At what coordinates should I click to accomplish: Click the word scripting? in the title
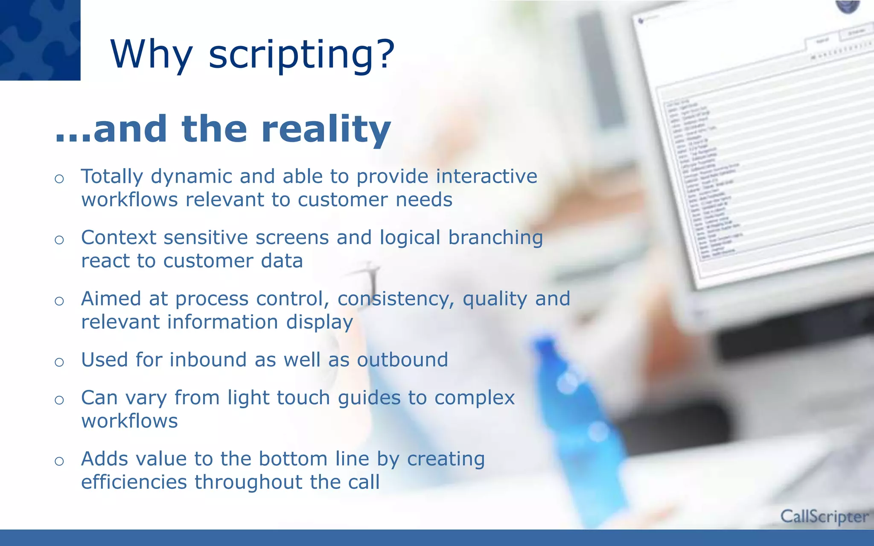tap(301, 55)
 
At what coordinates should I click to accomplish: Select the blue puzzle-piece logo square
tap(40, 40)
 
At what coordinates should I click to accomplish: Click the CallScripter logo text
tap(824, 517)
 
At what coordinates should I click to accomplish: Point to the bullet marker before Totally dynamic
tap(59, 179)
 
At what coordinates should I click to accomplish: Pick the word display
tap(319, 322)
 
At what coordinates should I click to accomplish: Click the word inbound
tap(208, 360)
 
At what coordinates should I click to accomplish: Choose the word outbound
tap(402, 360)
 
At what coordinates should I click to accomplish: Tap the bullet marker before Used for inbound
tap(59, 362)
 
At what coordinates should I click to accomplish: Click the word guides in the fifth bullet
tap(369, 398)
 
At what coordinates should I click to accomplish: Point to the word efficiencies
tap(134, 482)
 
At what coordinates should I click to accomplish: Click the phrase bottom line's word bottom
tap(293, 459)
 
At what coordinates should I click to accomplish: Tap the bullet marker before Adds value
tap(59, 461)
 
